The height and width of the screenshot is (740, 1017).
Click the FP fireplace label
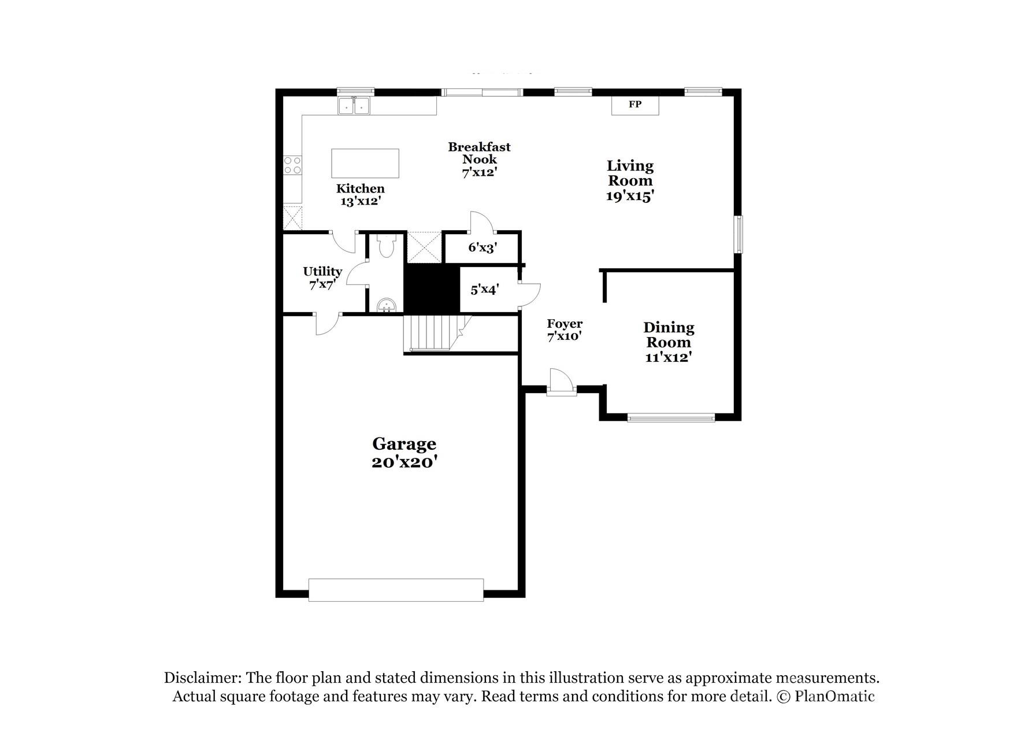(x=635, y=105)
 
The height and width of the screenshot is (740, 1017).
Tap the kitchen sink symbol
(x=354, y=106)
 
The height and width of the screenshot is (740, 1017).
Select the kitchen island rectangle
(x=365, y=163)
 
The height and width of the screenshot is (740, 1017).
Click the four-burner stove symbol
(x=292, y=165)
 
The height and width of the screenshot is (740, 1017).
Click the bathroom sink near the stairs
(x=385, y=305)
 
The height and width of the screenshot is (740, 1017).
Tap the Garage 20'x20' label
(x=404, y=453)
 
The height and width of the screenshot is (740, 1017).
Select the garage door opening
(x=396, y=590)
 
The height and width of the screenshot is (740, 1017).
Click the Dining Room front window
(x=671, y=417)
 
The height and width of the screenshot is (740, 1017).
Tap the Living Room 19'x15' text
(x=630, y=180)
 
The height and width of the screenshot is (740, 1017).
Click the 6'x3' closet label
(x=482, y=247)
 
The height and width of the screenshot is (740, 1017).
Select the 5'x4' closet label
(x=484, y=289)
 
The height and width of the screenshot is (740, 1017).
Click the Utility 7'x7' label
(x=322, y=277)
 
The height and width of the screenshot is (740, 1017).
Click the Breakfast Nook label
(x=479, y=159)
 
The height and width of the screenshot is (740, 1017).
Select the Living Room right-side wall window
(x=738, y=234)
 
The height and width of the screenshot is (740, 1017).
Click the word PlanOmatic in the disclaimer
(x=834, y=696)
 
